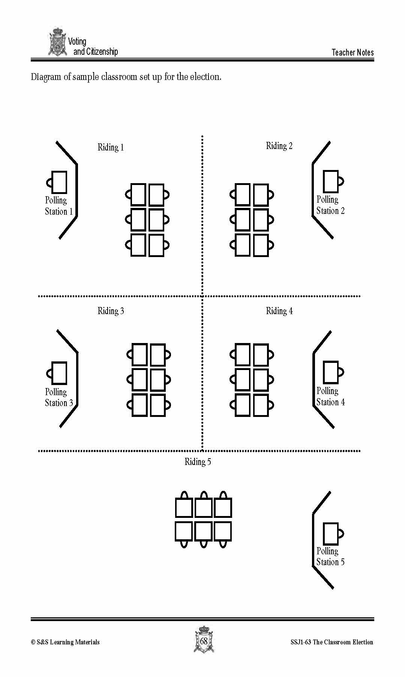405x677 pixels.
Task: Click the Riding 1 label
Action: point(111,147)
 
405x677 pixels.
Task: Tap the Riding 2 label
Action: point(279,146)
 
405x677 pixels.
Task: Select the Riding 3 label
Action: point(111,311)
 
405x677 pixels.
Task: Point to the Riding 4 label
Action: point(279,311)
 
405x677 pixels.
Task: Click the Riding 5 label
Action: point(198,462)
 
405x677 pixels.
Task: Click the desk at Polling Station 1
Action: point(59,182)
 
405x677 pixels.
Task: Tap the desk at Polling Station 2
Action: point(331,182)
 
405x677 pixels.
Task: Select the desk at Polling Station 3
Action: point(59,373)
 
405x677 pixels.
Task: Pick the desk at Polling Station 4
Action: point(331,372)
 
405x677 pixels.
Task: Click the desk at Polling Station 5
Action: point(331,534)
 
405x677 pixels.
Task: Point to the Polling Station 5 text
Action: point(330,557)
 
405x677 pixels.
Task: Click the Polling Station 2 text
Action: point(330,205)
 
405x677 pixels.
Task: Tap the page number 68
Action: point(204,641)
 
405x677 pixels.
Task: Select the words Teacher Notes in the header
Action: point(352,53)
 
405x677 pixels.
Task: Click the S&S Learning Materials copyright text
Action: point(65,642)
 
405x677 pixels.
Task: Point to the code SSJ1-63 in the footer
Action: point(301,642)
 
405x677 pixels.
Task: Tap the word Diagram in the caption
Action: point(46,77)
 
